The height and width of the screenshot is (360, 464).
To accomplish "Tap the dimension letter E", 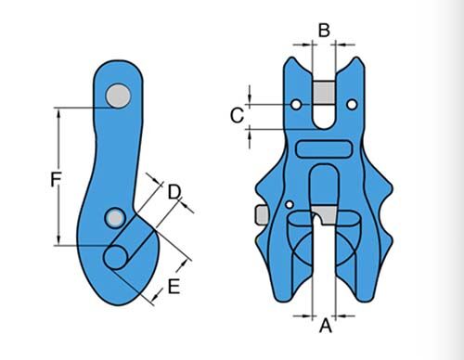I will pos(173,288).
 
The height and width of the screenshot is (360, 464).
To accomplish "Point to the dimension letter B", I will pos(323,30).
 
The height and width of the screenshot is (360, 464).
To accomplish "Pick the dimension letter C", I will pos(237,115).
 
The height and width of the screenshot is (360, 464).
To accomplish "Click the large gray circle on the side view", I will pos(118,94).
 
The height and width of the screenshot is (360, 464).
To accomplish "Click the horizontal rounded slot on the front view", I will pos(322,148).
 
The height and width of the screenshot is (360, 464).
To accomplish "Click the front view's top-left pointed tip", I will pos(288,58).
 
